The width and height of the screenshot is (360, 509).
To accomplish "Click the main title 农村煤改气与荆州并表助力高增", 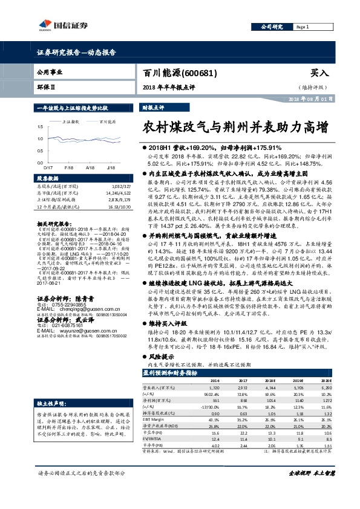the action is [235, 128].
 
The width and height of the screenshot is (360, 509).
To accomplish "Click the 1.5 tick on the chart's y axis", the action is [40, 127].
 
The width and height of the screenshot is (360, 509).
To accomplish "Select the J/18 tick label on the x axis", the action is [111, 166].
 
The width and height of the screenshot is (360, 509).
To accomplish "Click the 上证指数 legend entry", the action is [71, 121].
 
